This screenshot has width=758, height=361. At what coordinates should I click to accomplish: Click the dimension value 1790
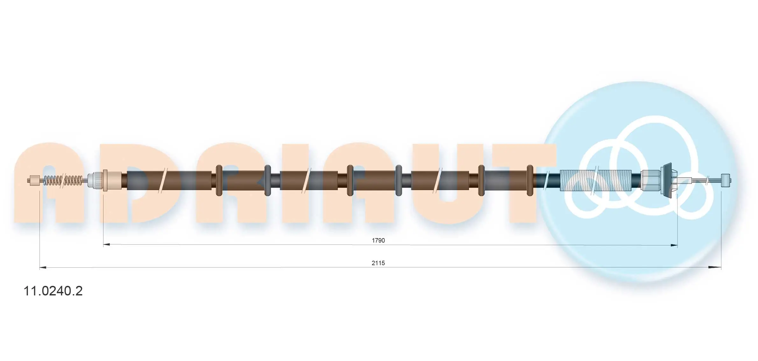click(378, 240)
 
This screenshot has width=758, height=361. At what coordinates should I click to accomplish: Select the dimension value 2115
click(378, 263)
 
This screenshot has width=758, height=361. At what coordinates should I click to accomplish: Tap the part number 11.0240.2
click(53, 291)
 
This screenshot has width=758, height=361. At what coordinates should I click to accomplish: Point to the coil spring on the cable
click(63, 180)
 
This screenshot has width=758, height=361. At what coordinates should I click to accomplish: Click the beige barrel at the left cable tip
click(34, 180)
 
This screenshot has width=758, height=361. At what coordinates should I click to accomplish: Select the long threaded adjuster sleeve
click(596, 180)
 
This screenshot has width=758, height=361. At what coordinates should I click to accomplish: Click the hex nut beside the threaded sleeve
click(650, 180)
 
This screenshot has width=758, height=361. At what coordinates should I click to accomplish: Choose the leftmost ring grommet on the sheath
click(219, 180)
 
